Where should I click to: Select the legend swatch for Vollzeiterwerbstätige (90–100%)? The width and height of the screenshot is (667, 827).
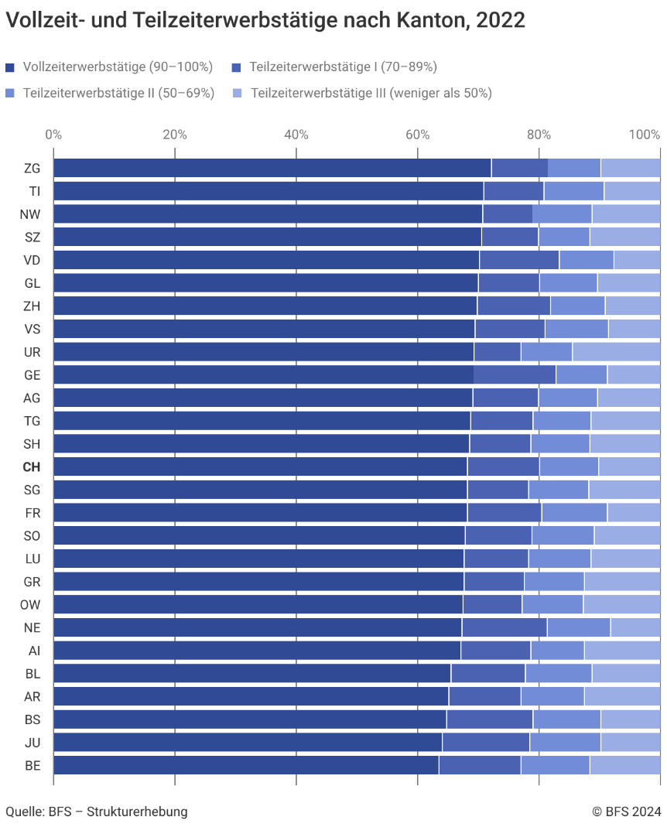[9, 67]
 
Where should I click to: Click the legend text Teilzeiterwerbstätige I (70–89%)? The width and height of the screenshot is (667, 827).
[343, 67]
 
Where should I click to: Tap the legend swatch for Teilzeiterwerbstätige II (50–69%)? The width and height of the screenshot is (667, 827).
[9, 94]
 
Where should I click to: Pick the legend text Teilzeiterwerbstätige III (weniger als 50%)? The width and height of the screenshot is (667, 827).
[371, 93]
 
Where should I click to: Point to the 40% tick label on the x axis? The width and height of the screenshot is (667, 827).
[296, 135]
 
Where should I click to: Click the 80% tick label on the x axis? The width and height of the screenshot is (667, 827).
[539, 135]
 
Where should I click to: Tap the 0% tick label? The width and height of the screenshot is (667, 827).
[53, 135]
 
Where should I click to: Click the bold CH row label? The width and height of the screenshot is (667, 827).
[32, 466]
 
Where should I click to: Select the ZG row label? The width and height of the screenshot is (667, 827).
[32, 168]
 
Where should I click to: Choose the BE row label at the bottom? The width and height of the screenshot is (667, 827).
[32, 765]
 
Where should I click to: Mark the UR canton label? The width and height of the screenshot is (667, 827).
[32, 352]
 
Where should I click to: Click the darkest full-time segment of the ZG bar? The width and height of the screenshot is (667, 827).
[272, 168]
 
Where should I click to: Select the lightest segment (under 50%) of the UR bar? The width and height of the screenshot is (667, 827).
[617, 352]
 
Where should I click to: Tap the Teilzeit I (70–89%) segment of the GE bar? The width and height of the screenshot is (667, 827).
[515, 375]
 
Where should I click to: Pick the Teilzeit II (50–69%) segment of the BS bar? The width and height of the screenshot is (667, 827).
[566, 719]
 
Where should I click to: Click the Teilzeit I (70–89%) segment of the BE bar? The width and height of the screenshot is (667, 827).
[480, 765]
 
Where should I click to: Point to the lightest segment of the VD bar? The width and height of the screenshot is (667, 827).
[637, 260]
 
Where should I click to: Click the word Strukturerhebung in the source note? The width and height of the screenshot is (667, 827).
[137, 812]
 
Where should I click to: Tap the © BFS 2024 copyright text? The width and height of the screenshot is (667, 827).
[626, 812]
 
